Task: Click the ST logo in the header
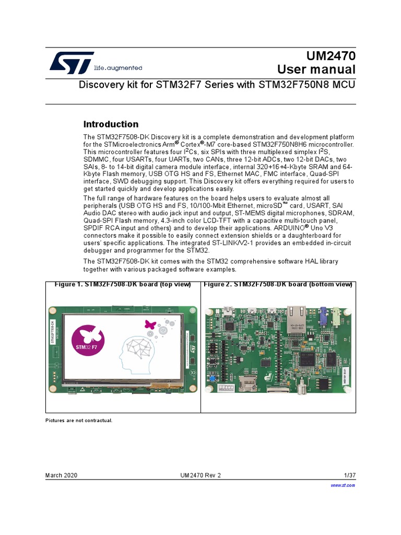(72, 62)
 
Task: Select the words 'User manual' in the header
(316, 69)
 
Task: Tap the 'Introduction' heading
(111, 124)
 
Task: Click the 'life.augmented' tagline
(117, 68)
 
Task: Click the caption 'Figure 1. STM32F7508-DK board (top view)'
(123, 285)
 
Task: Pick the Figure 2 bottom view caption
(278, 285)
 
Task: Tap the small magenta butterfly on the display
(150, 324)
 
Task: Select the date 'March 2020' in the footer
(61, 475)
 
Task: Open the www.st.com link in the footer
(343, 485)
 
